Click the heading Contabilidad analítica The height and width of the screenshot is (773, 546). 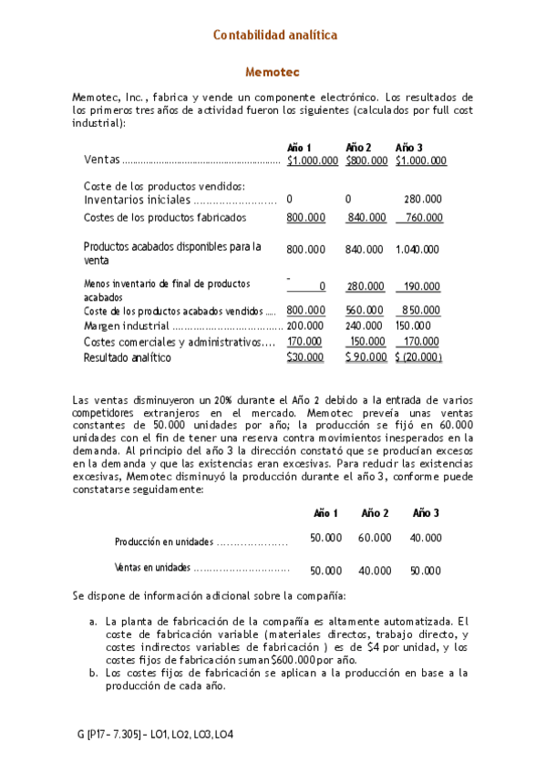[274, 35]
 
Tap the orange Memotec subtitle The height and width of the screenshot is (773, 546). [273, 71]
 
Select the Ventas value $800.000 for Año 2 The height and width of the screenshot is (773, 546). [366, 160]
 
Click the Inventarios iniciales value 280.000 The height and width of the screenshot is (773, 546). [423, 199]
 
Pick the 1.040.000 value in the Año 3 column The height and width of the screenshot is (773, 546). [417, 249]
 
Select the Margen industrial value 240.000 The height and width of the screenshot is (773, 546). [365, 325]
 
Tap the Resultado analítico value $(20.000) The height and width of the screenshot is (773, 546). [419, 357]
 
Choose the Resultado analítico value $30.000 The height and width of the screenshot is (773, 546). [305, 357]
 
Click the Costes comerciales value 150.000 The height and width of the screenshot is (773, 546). [367, 341]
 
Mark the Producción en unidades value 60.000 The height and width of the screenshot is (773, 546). [375, 538]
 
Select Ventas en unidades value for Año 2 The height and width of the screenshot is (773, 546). [375, 571]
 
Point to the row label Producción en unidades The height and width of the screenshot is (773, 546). [164, 541]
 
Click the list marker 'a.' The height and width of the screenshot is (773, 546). [93, 622]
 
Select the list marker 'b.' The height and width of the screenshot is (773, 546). [93, 673]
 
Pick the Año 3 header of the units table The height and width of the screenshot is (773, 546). [426, 513]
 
